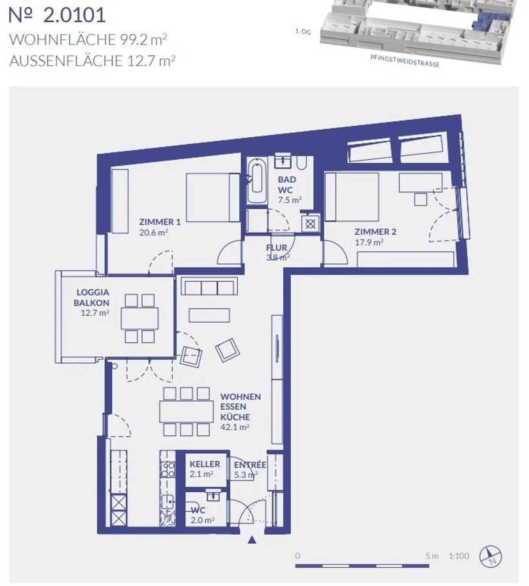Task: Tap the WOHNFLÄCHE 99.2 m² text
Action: coord(88,39)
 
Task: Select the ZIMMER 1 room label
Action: coord(159,222)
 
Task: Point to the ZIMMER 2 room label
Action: coord(375,232)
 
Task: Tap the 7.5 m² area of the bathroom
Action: coord(290,200)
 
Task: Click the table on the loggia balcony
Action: coord(140,318)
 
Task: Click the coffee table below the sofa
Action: coord(209,315)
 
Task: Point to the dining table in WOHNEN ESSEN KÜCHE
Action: coord(186,411)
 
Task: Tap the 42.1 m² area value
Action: coord(235,427)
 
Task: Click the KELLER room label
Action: coord(205,464)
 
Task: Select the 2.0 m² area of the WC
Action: coord(202,520)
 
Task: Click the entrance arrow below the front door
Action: coord(252,540)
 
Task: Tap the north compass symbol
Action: coord(491,556)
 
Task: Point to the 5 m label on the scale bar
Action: coord(432,556)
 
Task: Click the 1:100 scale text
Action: coord(459,556)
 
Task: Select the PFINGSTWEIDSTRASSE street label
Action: coord(405,61)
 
